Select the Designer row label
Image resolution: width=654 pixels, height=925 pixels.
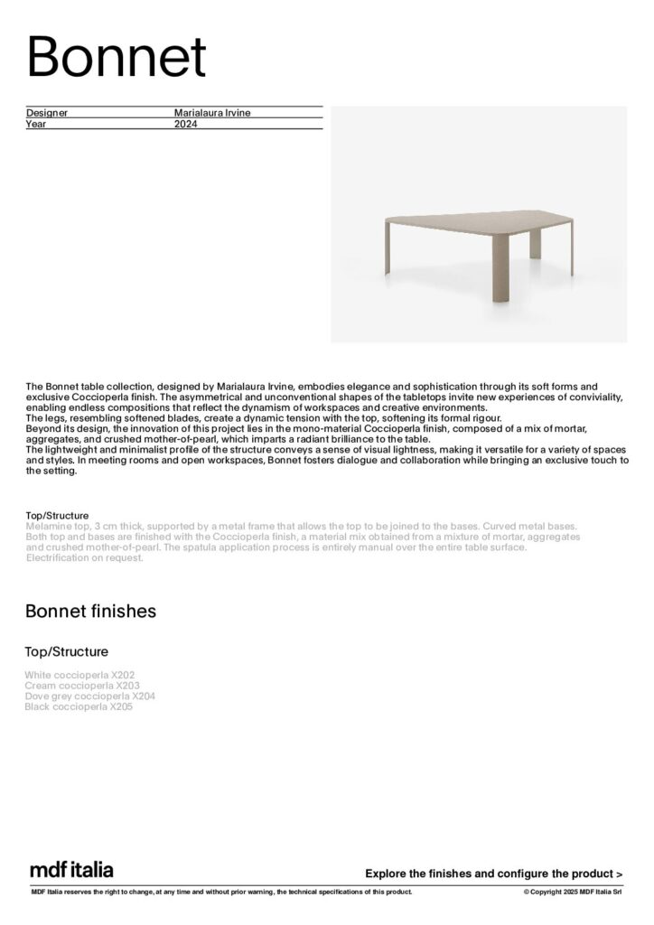tap(47, 113)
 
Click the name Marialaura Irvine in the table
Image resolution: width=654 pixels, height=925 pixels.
tap(212, 113)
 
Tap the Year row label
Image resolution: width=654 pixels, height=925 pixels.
tap(35, 124)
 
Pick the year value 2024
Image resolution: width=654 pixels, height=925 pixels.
tap(185, 124)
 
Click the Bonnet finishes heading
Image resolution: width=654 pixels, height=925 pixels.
tap(90, 612)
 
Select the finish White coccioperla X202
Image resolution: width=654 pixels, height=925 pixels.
tap(80, 675)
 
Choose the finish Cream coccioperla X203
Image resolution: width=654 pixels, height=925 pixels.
tap(82, 686)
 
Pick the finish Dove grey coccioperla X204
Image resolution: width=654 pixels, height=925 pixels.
tap(90, 696)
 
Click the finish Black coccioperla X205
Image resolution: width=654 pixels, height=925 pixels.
tap(79, 707)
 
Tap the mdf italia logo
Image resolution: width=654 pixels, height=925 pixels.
tap(72, 870)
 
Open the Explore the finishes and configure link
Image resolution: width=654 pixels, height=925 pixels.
tap(493, 874)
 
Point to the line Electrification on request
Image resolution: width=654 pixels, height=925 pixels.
tap(85, 557)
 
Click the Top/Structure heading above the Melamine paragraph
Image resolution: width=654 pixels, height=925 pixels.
tap(58, 516)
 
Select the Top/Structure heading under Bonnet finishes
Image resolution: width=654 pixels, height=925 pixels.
tap(67, 651)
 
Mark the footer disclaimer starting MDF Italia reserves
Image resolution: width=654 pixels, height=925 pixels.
tap(222, 892)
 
